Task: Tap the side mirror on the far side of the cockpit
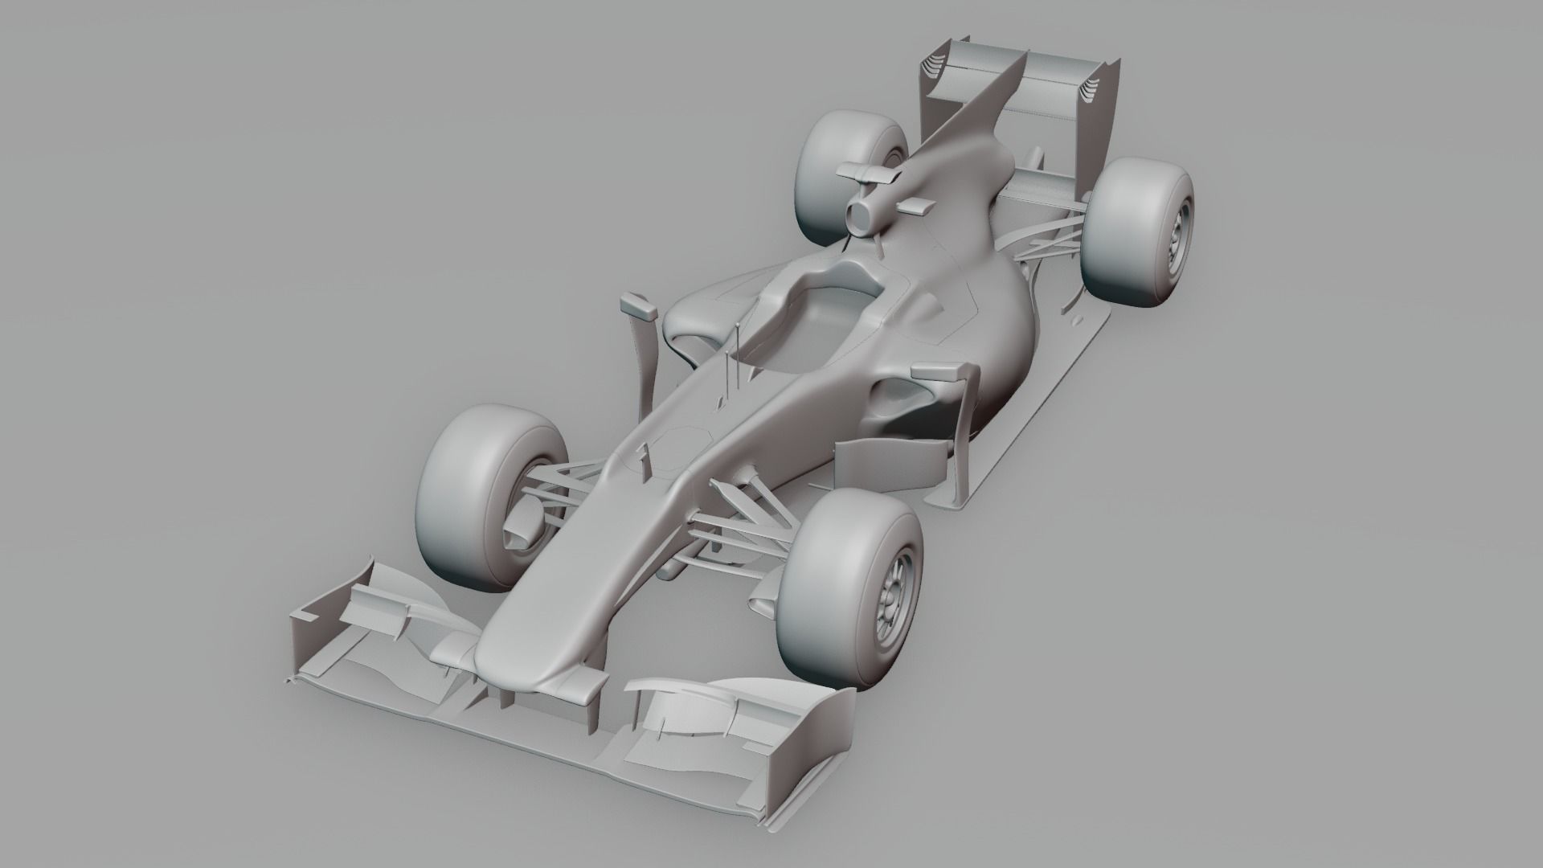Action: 639,305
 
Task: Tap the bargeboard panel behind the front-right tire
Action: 892,466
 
